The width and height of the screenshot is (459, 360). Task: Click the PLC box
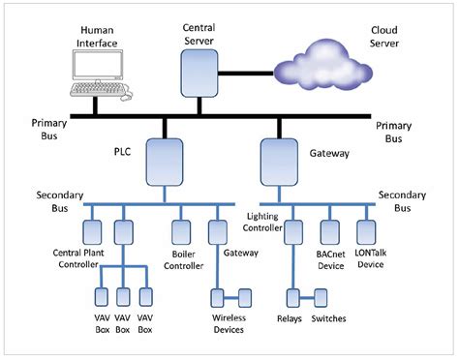[x=165, y=161]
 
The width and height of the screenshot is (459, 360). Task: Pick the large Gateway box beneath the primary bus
[x=280, y=161]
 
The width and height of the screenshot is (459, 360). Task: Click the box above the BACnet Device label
[x=329, y=231]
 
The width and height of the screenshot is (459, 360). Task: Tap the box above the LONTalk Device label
[x=366, y=231]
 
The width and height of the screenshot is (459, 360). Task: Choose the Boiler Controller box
[x=181, y=232]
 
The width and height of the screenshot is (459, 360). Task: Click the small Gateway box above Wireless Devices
[x=217, y=232]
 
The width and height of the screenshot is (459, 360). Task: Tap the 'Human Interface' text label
[x=97, y=36]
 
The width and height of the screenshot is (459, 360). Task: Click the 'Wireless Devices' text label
[x=229, y=323]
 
